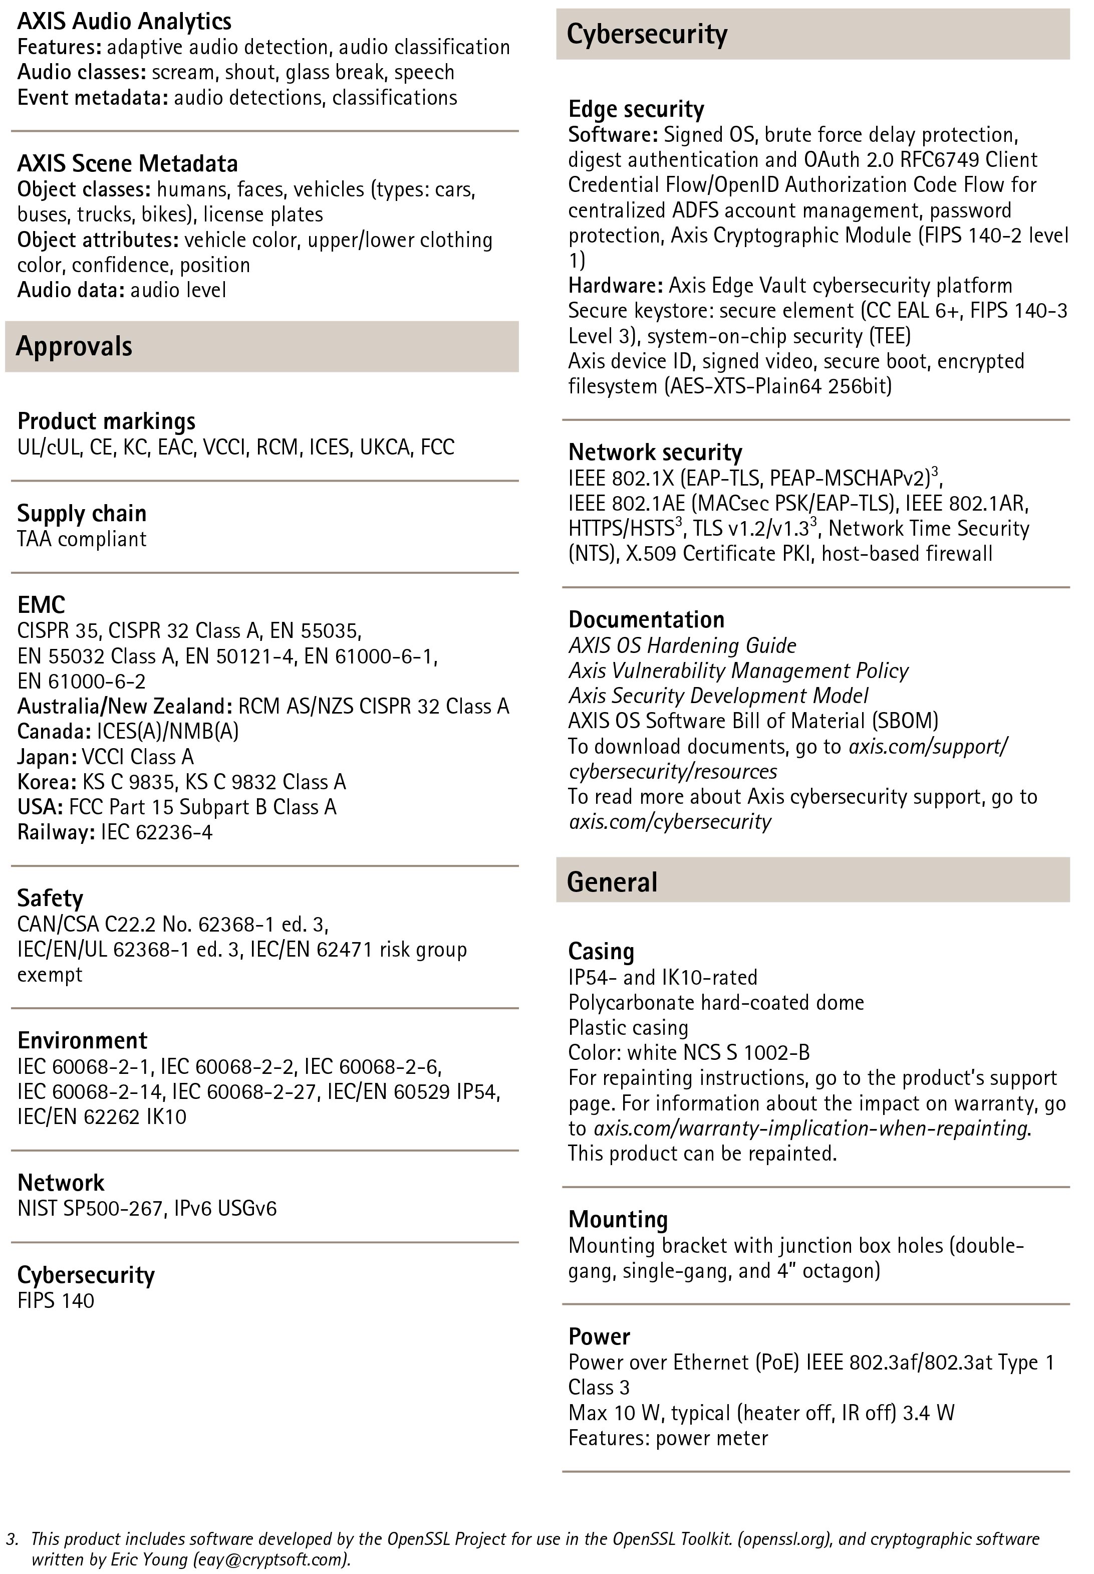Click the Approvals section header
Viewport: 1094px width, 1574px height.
(x=74, y=346)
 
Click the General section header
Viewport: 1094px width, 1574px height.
(x=612, y=881)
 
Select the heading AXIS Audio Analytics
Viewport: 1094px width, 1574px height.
(x=124, y=21)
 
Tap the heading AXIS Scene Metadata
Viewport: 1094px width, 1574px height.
(x=128, y=163)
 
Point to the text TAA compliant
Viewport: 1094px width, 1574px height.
(x=82, y=539)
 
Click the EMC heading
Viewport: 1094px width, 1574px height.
(x=41, y=605)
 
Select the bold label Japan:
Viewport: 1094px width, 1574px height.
(x=47, y=757)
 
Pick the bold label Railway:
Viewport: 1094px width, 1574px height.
(x=56, y=832)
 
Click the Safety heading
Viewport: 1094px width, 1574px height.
(x=50, y=898)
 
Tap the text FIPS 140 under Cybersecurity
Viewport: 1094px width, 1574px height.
(x=56, y=1300)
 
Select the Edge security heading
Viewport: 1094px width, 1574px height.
(x=636, y=109)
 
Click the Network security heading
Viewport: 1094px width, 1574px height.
(x=655, y=453)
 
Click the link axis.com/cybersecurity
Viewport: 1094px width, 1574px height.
(x=670, y=821)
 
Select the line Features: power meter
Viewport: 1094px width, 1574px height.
(x=668, y=1438)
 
